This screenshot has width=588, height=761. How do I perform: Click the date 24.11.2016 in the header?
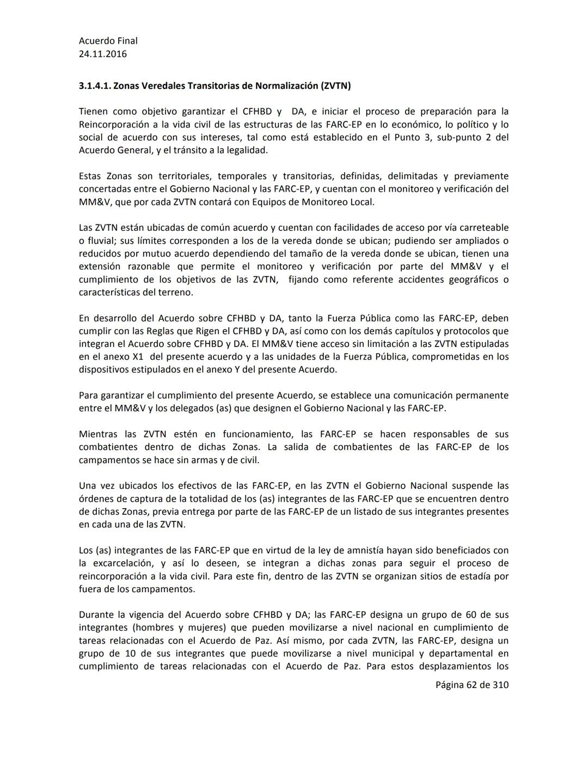pyautogui.click(x=103, y=54)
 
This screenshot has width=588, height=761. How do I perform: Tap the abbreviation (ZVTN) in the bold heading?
pyautogui.click(x=335, y=86)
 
